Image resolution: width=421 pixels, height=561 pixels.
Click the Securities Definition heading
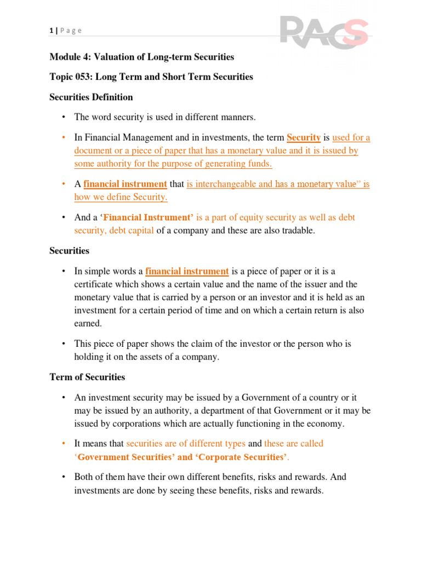[x=91, y=97]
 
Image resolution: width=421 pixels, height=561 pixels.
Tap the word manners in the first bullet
[x=238, y=117]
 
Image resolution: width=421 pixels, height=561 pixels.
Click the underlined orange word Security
[x=303, y=138]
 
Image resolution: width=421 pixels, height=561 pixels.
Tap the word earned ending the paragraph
[x=87, y=323]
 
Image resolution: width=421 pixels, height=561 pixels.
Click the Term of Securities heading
[x=87, y=377]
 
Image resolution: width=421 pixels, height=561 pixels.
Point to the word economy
[x=327, y=423]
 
